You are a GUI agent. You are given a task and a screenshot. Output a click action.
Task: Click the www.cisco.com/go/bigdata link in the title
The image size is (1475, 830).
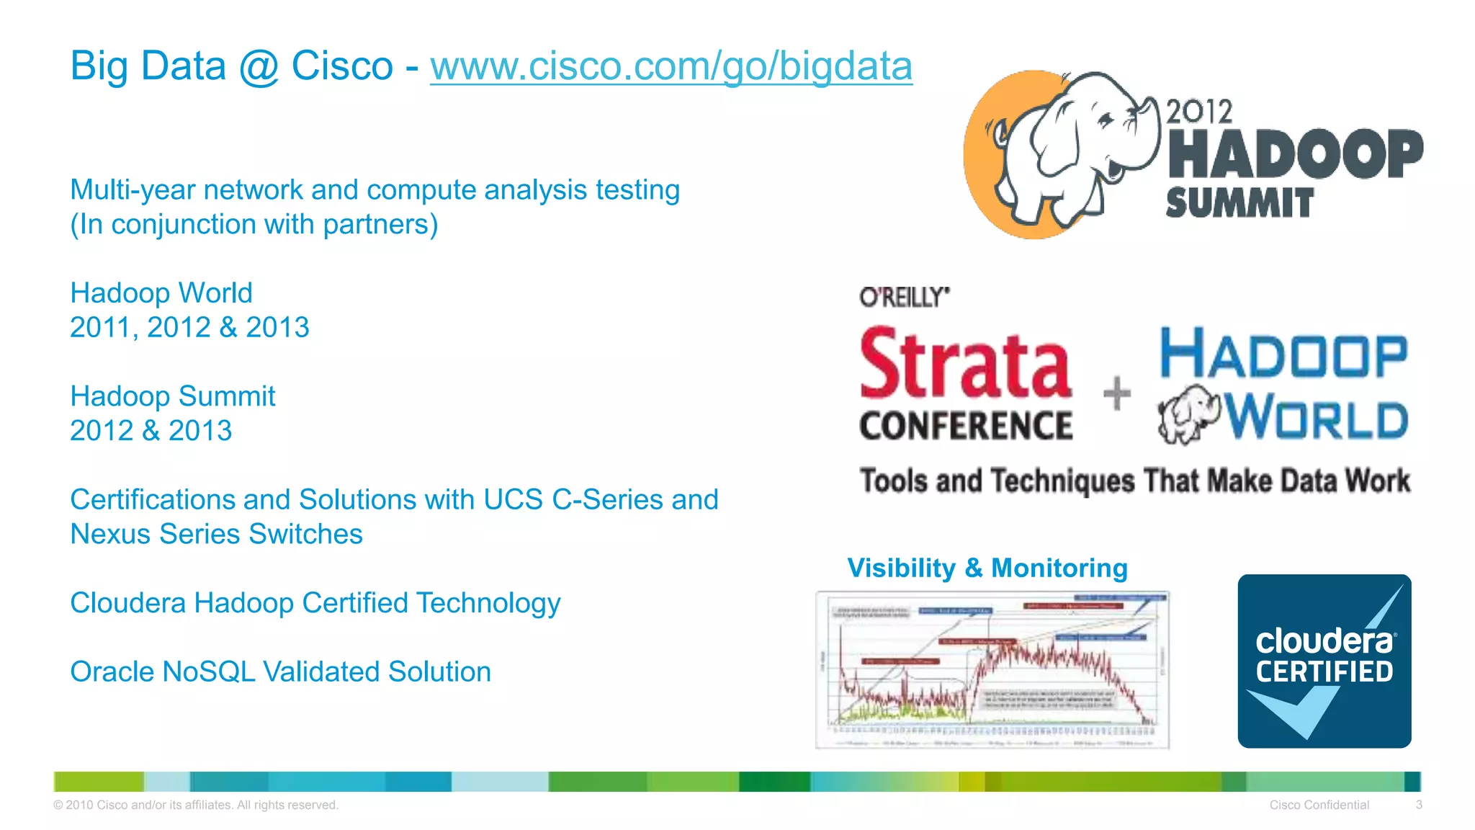tap(671, 66)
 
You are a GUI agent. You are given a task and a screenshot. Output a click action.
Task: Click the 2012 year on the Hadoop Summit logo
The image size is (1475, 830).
tap(1199, 112)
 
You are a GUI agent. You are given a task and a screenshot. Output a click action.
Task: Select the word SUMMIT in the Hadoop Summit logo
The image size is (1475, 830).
tap(1239, 203)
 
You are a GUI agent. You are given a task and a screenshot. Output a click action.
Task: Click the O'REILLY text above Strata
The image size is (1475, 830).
tap(904, 297)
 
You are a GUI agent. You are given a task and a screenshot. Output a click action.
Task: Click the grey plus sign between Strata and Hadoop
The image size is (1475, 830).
tap(1117, 393)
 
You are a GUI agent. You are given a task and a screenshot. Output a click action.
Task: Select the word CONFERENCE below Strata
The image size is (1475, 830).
tap(966, 425)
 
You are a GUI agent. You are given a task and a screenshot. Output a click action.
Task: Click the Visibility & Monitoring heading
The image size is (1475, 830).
tap(987, 568)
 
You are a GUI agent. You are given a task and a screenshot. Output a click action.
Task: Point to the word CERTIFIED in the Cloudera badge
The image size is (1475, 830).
tap(1324, 671)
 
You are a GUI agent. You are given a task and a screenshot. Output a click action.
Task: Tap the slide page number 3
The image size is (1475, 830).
tap(1418, 805)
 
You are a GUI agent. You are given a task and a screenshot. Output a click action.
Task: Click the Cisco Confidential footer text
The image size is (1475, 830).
tap(1319, 805)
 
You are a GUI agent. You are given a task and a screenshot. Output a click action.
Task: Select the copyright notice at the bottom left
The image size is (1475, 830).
tap(196, 805)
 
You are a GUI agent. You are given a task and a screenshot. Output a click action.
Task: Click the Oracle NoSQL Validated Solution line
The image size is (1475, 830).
tap(280, 671)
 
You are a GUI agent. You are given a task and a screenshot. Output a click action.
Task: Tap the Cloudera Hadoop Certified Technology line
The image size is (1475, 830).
tap(315, 603)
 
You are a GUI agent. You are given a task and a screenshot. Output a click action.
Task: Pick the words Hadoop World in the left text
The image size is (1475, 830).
tap(161, 293)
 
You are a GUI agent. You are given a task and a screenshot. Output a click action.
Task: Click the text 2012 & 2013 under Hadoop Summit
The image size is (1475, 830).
tap(151, 431)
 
